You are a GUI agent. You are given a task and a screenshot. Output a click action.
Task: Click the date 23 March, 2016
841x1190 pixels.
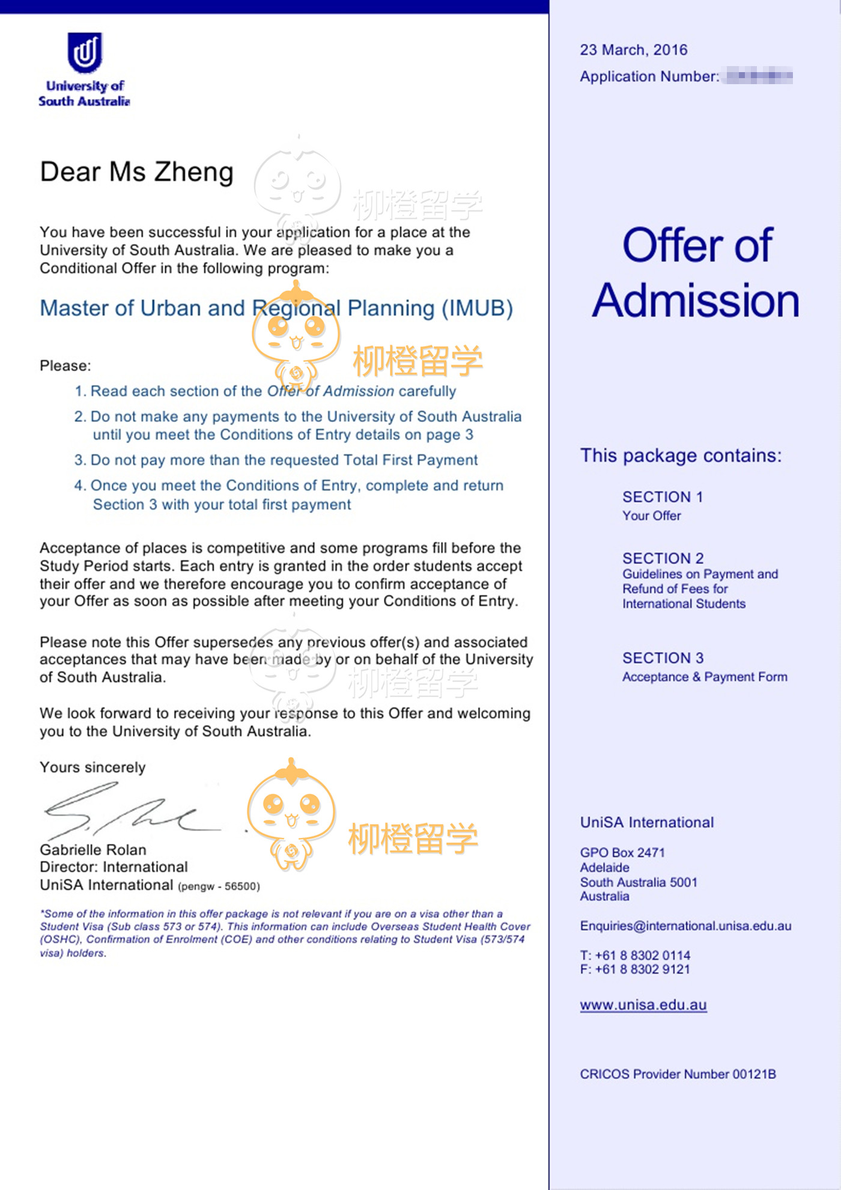[633, 50]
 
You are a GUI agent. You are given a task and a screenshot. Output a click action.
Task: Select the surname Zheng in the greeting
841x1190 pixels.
[194, 172]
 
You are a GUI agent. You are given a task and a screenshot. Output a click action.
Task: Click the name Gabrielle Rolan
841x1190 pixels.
[93, 850]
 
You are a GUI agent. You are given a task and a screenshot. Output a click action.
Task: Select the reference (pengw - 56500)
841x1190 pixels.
[219, 886]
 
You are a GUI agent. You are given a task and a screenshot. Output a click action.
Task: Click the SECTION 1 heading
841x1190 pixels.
[662, 497]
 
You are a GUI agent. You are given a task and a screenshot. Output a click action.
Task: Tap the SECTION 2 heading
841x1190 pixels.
[663, 558]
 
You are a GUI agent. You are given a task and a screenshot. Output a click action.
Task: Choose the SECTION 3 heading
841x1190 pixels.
[663, 658]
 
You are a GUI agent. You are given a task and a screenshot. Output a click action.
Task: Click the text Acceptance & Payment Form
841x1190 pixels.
[704, 677]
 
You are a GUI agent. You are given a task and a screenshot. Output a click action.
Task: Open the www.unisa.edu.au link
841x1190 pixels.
[643, 1005]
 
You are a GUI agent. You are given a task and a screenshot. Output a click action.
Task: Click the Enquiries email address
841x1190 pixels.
[685, 926]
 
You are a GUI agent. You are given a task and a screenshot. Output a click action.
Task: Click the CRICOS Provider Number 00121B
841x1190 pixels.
[678, 1074]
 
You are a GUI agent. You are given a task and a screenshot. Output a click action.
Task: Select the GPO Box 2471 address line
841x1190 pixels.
[622, 852]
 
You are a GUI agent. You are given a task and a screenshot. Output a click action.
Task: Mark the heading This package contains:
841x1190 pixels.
[681, 456]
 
